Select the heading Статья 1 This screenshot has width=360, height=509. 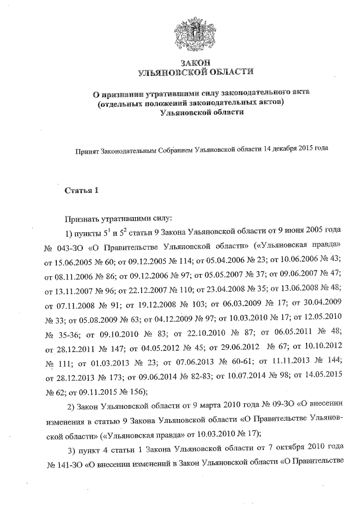tap(82, 190)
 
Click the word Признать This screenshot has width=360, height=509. tap(84, 217)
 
